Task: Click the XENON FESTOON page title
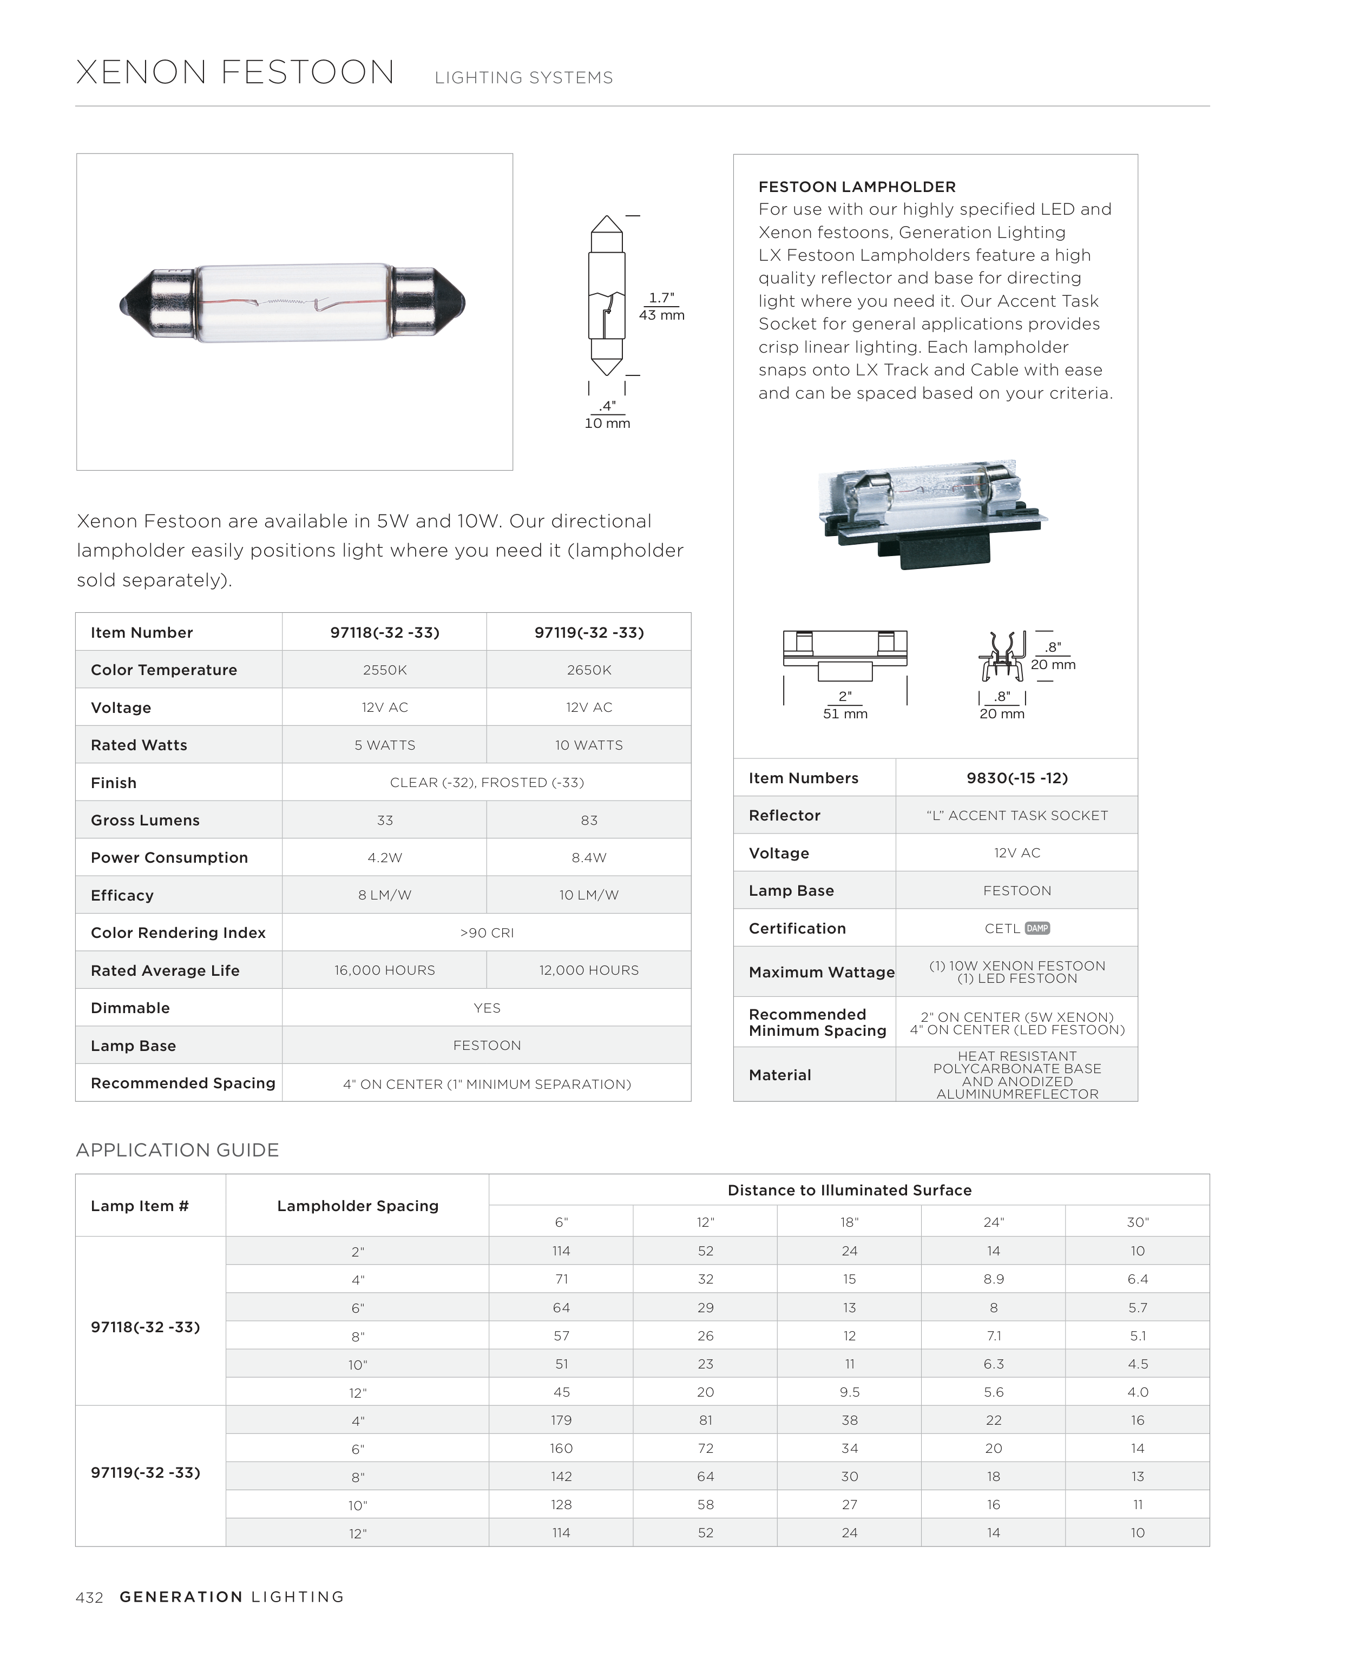(235, 72)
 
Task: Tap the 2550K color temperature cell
(384, 670)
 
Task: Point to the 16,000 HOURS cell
(384, 970)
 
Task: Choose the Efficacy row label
(122, 896)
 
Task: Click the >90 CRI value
(487, 933)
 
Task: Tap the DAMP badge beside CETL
(1037, 929)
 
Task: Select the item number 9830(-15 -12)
(1016, 778)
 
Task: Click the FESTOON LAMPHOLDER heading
(857, 187)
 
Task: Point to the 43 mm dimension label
(662, 315)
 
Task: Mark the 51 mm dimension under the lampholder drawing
(845, 715)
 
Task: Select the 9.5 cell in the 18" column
(850, 1393)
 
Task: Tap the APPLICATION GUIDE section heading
(177, 1151)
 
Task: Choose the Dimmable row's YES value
(487, 1009)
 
